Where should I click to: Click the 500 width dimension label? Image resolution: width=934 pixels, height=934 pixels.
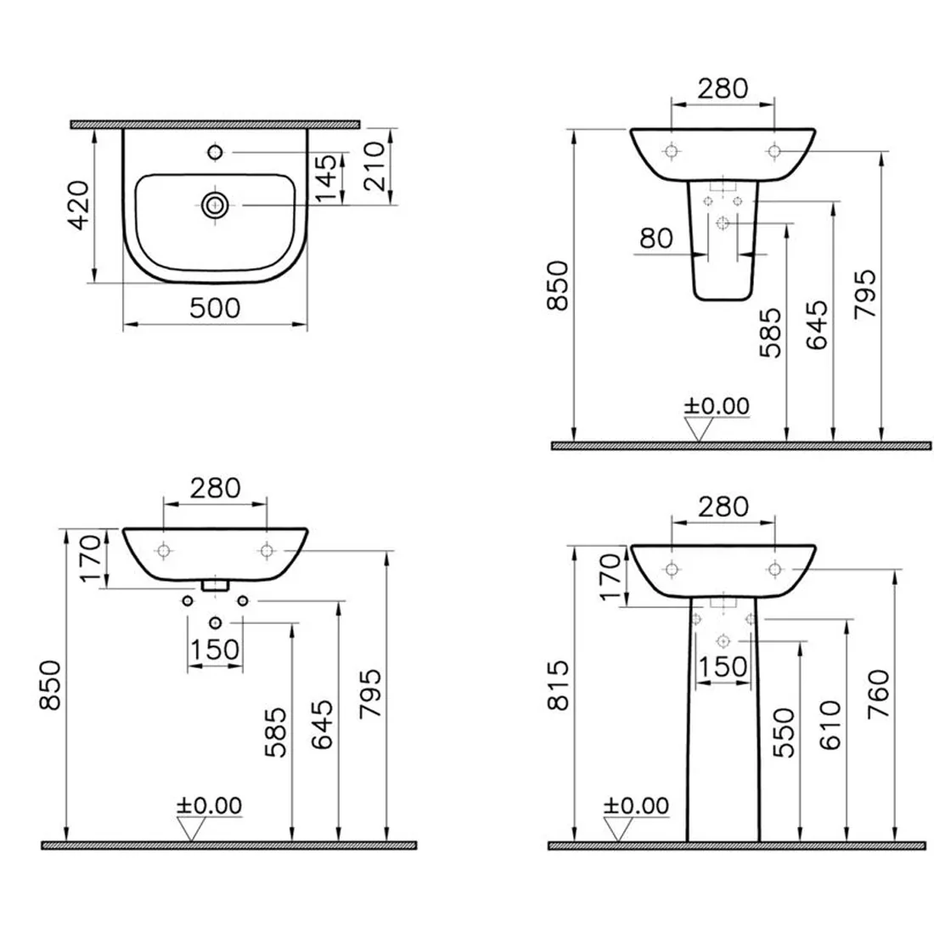[215, 308]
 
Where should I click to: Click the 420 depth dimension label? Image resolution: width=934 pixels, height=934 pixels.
[79, 205]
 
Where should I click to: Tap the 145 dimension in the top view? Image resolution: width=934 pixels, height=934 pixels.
[326, 178]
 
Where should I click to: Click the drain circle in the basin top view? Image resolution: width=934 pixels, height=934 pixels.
[215, 205]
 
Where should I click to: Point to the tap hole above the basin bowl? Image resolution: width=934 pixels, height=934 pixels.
[215, 153]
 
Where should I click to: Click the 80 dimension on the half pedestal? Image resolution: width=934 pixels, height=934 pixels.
[655, 239]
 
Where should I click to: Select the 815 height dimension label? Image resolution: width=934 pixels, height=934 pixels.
[558, 685]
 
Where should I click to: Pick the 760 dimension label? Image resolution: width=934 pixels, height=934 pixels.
[879, 694]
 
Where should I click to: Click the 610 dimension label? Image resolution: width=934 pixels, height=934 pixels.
[830, 724]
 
